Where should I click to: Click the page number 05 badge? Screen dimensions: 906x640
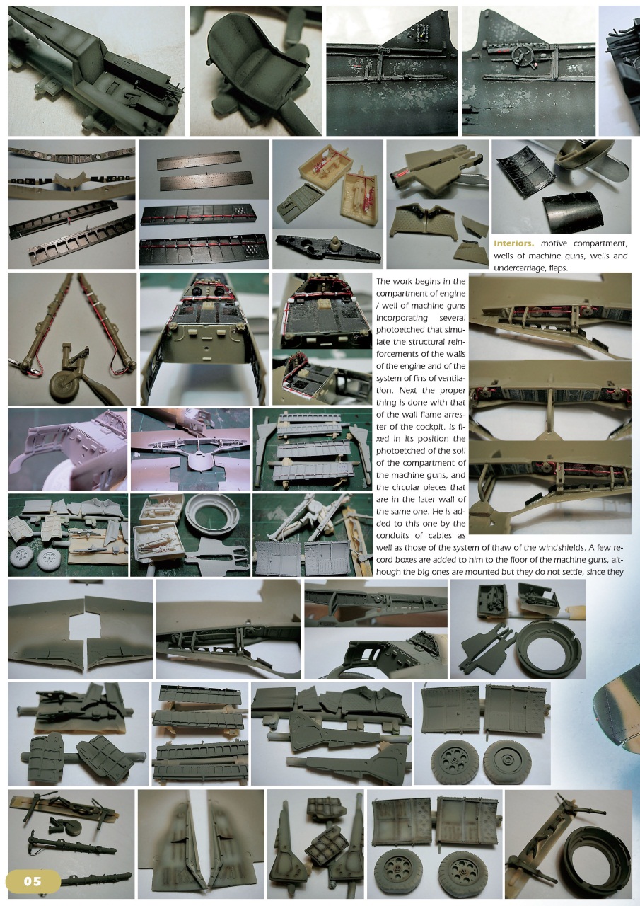click(33, 881)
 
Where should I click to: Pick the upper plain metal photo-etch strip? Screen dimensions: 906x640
click(204, 158)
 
